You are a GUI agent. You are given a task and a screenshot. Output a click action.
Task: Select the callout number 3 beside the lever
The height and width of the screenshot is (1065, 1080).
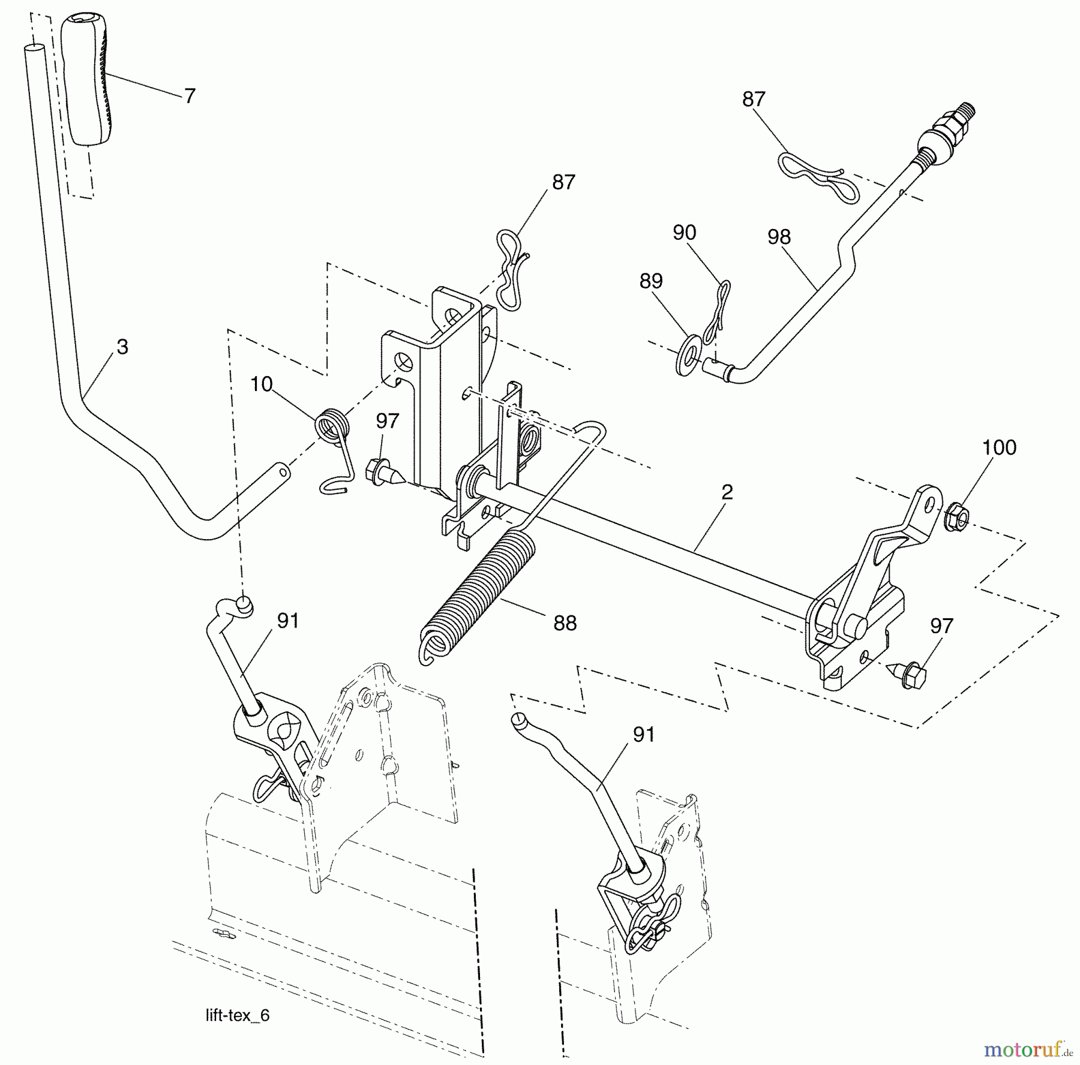click(x=122, y=347)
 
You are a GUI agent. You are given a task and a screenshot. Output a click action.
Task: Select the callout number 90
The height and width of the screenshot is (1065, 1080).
click(x=685, y=233)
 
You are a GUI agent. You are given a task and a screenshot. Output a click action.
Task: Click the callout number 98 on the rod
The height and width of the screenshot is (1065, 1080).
click(x=779, y=237)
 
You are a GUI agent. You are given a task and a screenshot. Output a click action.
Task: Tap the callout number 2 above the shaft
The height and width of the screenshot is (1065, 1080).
click(x=727, y=493)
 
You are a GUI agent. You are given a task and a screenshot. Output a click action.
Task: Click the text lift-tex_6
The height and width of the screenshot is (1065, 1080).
click(x=237, y=1015)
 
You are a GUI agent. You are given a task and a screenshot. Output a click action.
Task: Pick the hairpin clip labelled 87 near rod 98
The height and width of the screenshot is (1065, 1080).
click(x=819, y=179)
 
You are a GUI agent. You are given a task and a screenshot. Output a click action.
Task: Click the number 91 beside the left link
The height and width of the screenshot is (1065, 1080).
click(x=288, y=621)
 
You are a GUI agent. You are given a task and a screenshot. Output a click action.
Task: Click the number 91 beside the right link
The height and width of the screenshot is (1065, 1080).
click(x=644, y=735)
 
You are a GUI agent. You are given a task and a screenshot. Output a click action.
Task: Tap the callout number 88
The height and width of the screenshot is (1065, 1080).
click(x=565, y=624)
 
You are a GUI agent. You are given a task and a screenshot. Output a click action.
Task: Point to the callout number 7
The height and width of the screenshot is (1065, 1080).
click(x=190, y=96)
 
